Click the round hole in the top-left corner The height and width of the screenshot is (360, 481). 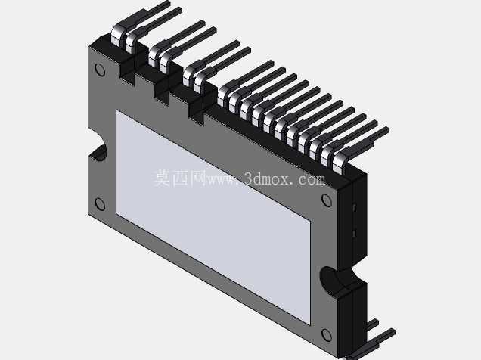pos(101,70)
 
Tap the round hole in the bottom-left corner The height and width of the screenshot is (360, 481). pos(101,204)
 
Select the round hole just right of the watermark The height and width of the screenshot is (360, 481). pos(327,200)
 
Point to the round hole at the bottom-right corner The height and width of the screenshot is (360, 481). pos(327,335)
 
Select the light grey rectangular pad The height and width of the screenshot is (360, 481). pos(213,217)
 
